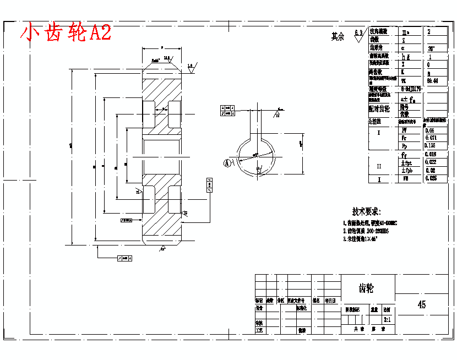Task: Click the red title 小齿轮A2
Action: tap(66, 33)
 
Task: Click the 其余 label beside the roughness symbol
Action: tap(337, 37)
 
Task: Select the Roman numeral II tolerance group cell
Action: tap(379, 166)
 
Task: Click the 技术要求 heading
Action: tap(366, 212)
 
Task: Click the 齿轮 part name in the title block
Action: tap(366, 288)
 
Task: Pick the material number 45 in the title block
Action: tap(422, 304)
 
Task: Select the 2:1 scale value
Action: tap(387, 319)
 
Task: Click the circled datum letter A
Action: tap(227, 162)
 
